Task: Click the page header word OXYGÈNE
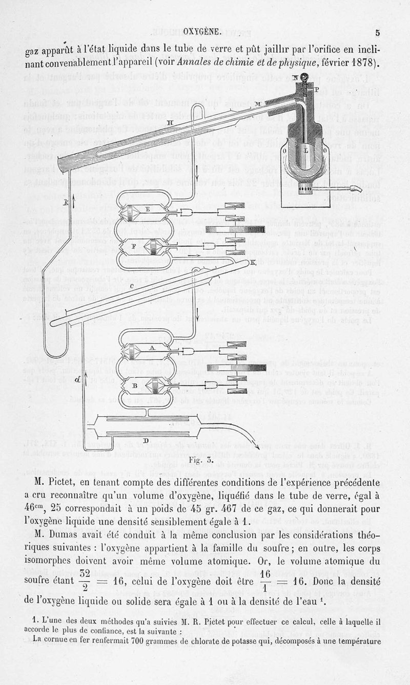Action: (202, 32)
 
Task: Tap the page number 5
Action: (378, 33)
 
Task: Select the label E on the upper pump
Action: (148, 209)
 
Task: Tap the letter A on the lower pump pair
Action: (152, 348)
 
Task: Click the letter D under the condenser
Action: (146, 440)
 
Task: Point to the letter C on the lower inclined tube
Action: (132, 285)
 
